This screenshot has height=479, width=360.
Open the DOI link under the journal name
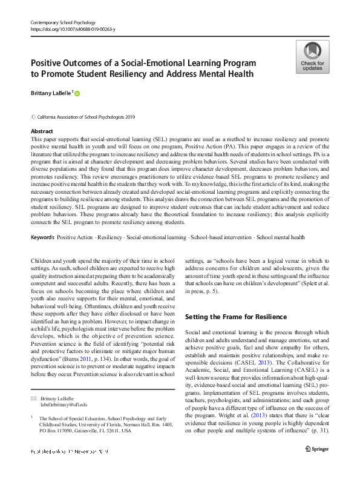click(x=73, y=29)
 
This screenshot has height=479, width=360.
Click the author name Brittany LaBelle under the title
click(x=51, y=93)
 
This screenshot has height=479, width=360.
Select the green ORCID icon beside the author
click(x=77, y=93)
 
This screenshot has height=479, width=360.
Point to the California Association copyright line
click(x=87, y=116)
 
